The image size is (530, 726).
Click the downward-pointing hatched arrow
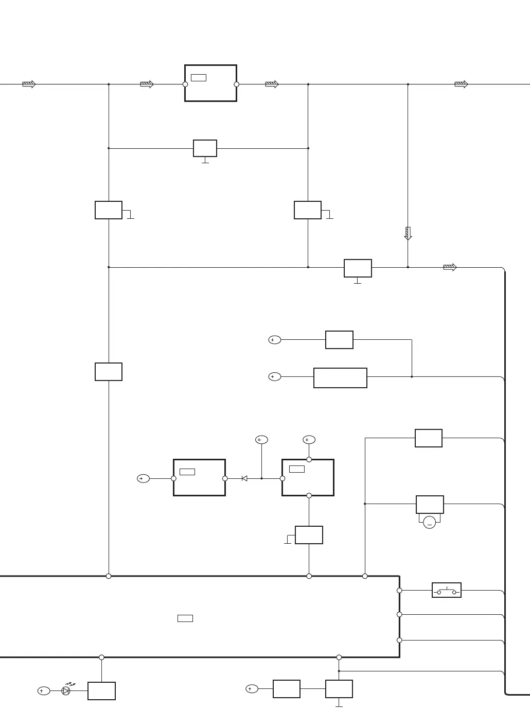(x=408, y=233)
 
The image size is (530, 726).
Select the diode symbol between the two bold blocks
(x=244, y=478)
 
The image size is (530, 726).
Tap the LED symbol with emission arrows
(x=66, y=690)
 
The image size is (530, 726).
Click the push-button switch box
(x=446, y=590)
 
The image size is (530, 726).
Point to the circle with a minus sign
(x=430, y=523)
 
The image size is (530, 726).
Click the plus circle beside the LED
(x=44, y=691)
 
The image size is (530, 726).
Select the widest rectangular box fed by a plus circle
(x=340, y=377)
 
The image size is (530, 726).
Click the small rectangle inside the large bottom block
(x=185, y=618)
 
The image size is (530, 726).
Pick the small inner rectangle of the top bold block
(x=198, y=78)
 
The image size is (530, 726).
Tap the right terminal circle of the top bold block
(x=237, y=84)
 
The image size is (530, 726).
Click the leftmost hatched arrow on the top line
(x=29, y=84)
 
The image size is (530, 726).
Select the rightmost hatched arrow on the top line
(x=461, y=84)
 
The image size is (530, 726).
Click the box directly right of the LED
(x=101, y=691)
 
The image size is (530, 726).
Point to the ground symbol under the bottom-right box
(x=339, y=705)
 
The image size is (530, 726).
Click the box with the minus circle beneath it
(x=430, y=504)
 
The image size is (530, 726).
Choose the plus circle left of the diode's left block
(x=143, y=478)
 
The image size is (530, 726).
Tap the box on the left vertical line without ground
(x=109, y=372)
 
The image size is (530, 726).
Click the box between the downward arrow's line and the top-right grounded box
(x=358, y=268)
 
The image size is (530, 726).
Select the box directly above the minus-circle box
(x=429, y=438)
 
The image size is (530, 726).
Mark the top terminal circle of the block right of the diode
(x=309, y=459)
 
